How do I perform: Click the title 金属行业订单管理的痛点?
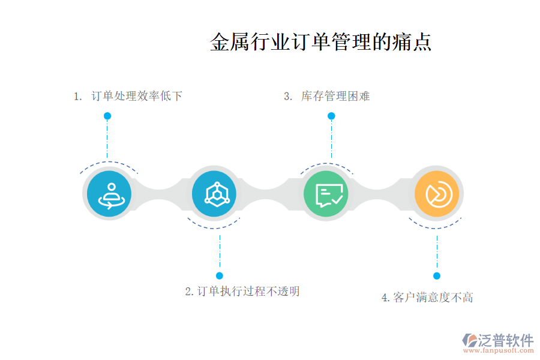(320, 42)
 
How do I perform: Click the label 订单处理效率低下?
(137, 96)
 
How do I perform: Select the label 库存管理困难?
(335, 96)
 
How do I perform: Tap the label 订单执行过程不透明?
(248, 291)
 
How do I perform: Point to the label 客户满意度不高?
(433, 297)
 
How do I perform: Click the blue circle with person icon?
(109, 194)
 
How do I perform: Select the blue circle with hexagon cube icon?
(214, 194)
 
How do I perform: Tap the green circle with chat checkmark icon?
(326, 194)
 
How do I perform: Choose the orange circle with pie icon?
(437, 194)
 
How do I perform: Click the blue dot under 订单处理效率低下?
(107, 116)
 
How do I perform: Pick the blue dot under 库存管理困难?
(331, 116)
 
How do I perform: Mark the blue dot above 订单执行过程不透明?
(220, 275)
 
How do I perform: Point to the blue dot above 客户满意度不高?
(437, 275)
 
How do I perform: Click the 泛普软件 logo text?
(506, 340)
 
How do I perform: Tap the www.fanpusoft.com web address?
(499, 350)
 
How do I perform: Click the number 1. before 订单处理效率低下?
(78, 96)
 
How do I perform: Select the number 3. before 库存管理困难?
(288, 96)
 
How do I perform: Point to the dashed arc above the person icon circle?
(109, 162)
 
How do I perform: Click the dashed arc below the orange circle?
(435, 227)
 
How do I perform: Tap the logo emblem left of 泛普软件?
(470, 340)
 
